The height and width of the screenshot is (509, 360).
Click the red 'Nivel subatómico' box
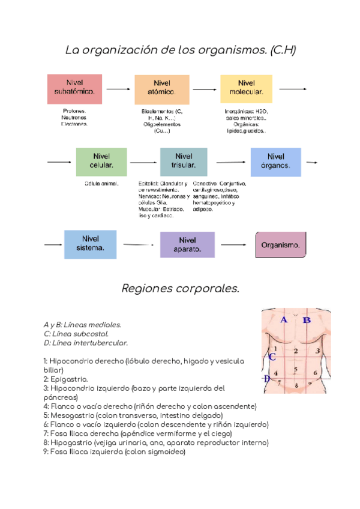click(74, 89)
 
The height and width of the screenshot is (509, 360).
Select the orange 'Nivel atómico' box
click(161, 89)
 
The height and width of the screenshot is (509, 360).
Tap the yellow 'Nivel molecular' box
click(246, 89)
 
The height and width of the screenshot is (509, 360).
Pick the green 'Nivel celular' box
click(101, 161)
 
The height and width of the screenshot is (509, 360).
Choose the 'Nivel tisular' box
click(184, 161)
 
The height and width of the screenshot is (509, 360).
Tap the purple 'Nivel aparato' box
click(187, 244)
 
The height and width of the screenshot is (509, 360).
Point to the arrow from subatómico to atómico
click(118, 89)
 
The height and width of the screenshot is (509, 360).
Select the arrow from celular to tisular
click(143, 162)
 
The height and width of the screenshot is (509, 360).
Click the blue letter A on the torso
click(284, 320)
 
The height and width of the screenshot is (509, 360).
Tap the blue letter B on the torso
click(306, 320)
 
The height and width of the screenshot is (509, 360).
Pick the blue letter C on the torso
click(272, 357)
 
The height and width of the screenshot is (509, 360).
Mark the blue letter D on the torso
click(266, 379)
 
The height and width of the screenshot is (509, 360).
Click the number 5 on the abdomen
click(296, 369)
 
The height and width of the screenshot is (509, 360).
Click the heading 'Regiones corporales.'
click(180, 289)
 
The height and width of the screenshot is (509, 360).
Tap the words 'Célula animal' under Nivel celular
click(101, 183)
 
